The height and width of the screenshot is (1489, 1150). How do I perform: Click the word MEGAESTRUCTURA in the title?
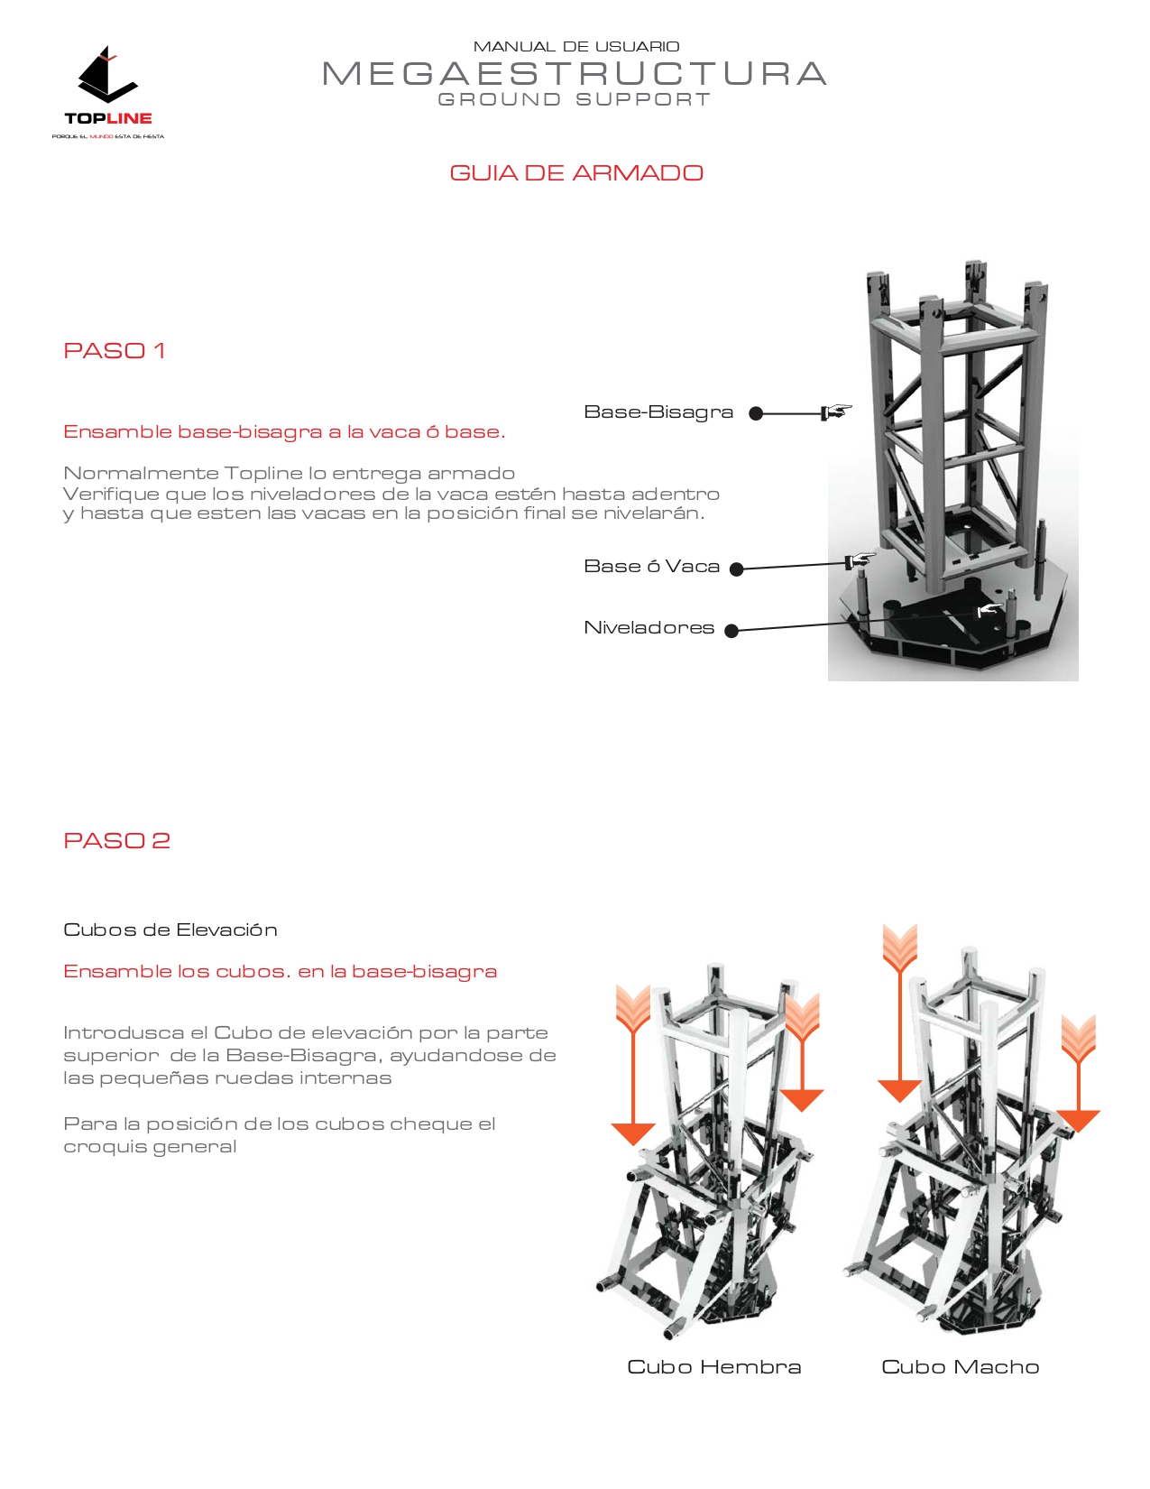pyautogui.click(x=575, y=74)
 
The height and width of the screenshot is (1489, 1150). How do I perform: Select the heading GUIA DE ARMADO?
pyautogui.click(x=575, y=173)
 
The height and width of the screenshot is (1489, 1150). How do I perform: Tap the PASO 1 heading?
pyautogui.click(x=115, y=351)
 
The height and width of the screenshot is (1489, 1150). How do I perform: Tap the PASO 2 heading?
pyautogui.click(x=117, y=841)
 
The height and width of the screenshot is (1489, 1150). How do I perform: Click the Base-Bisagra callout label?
pyautogui.click(x=658, y=412)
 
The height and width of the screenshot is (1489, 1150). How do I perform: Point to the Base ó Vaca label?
pyautogui.click(x=651, y=567)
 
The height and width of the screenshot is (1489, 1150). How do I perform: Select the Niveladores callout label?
pyautogui.click(x=649, y=628)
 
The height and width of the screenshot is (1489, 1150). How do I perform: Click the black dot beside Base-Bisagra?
pyautogui.click(x=756, y=413)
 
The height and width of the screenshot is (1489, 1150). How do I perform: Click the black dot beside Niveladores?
pyautogui.click(x=731, y=631)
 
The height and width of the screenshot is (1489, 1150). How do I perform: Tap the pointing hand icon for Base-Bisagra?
pyautogui.click(x=836, y=412)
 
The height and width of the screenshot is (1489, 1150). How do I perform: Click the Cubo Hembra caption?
pyautogui.click(x=713, y=1367)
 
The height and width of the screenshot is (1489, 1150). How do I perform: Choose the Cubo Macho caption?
pyautogui.click(x=960, y=1367)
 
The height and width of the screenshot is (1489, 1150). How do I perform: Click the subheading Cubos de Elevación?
pyautogui.click(x=170, y=930)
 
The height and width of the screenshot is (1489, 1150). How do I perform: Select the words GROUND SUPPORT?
pyautogui.click(x=575, y=99)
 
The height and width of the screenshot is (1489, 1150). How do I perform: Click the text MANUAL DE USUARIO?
pyautogui.click(x=575, y=47)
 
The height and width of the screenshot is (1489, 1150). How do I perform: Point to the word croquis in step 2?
pyautogui.click(x=99, y=1147)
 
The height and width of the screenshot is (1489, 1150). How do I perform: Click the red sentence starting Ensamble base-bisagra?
pyautogui.click(x=284, y=432)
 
